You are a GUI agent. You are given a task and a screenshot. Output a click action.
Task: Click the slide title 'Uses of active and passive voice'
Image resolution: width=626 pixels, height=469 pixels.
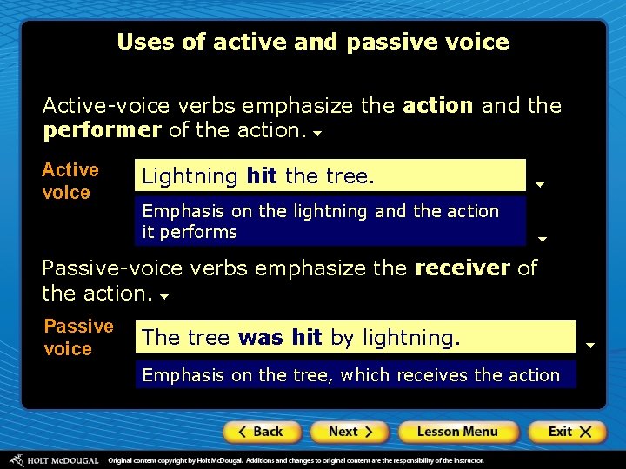point(313,42)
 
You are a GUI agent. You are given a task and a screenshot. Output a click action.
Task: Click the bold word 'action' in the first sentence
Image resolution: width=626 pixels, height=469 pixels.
point(438,106)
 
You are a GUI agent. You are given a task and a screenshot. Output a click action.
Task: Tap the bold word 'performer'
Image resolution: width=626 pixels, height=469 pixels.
point(101,130)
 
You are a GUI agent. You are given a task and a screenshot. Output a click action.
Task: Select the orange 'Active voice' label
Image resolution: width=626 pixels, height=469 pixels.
point(70,181)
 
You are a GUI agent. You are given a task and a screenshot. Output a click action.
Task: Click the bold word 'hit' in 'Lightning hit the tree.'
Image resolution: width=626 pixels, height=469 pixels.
point(262,176)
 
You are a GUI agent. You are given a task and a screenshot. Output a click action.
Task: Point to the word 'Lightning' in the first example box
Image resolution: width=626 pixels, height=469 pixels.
point(190,176)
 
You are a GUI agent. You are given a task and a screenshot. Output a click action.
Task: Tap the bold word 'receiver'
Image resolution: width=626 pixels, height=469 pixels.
point(463,268)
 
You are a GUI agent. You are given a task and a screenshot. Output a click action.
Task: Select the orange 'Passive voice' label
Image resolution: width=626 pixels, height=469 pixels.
point(78,337)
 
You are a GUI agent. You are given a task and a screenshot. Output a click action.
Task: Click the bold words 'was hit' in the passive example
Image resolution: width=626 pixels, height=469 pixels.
point(280,337)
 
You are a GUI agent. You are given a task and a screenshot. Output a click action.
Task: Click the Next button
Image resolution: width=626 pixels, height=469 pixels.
point(350,432)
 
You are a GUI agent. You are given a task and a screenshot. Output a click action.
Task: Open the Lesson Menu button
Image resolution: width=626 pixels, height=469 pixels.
point(457,432)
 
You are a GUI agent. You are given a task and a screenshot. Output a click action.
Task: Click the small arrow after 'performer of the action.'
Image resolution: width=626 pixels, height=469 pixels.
point(318,135)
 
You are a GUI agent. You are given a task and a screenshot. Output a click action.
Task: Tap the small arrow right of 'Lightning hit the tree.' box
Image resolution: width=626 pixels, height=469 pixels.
point(540,184)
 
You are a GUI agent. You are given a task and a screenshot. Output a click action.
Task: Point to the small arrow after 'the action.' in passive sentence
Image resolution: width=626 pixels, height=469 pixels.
point(163,297)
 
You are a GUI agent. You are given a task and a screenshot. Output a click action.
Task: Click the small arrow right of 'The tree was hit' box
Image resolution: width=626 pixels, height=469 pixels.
point(589,346)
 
